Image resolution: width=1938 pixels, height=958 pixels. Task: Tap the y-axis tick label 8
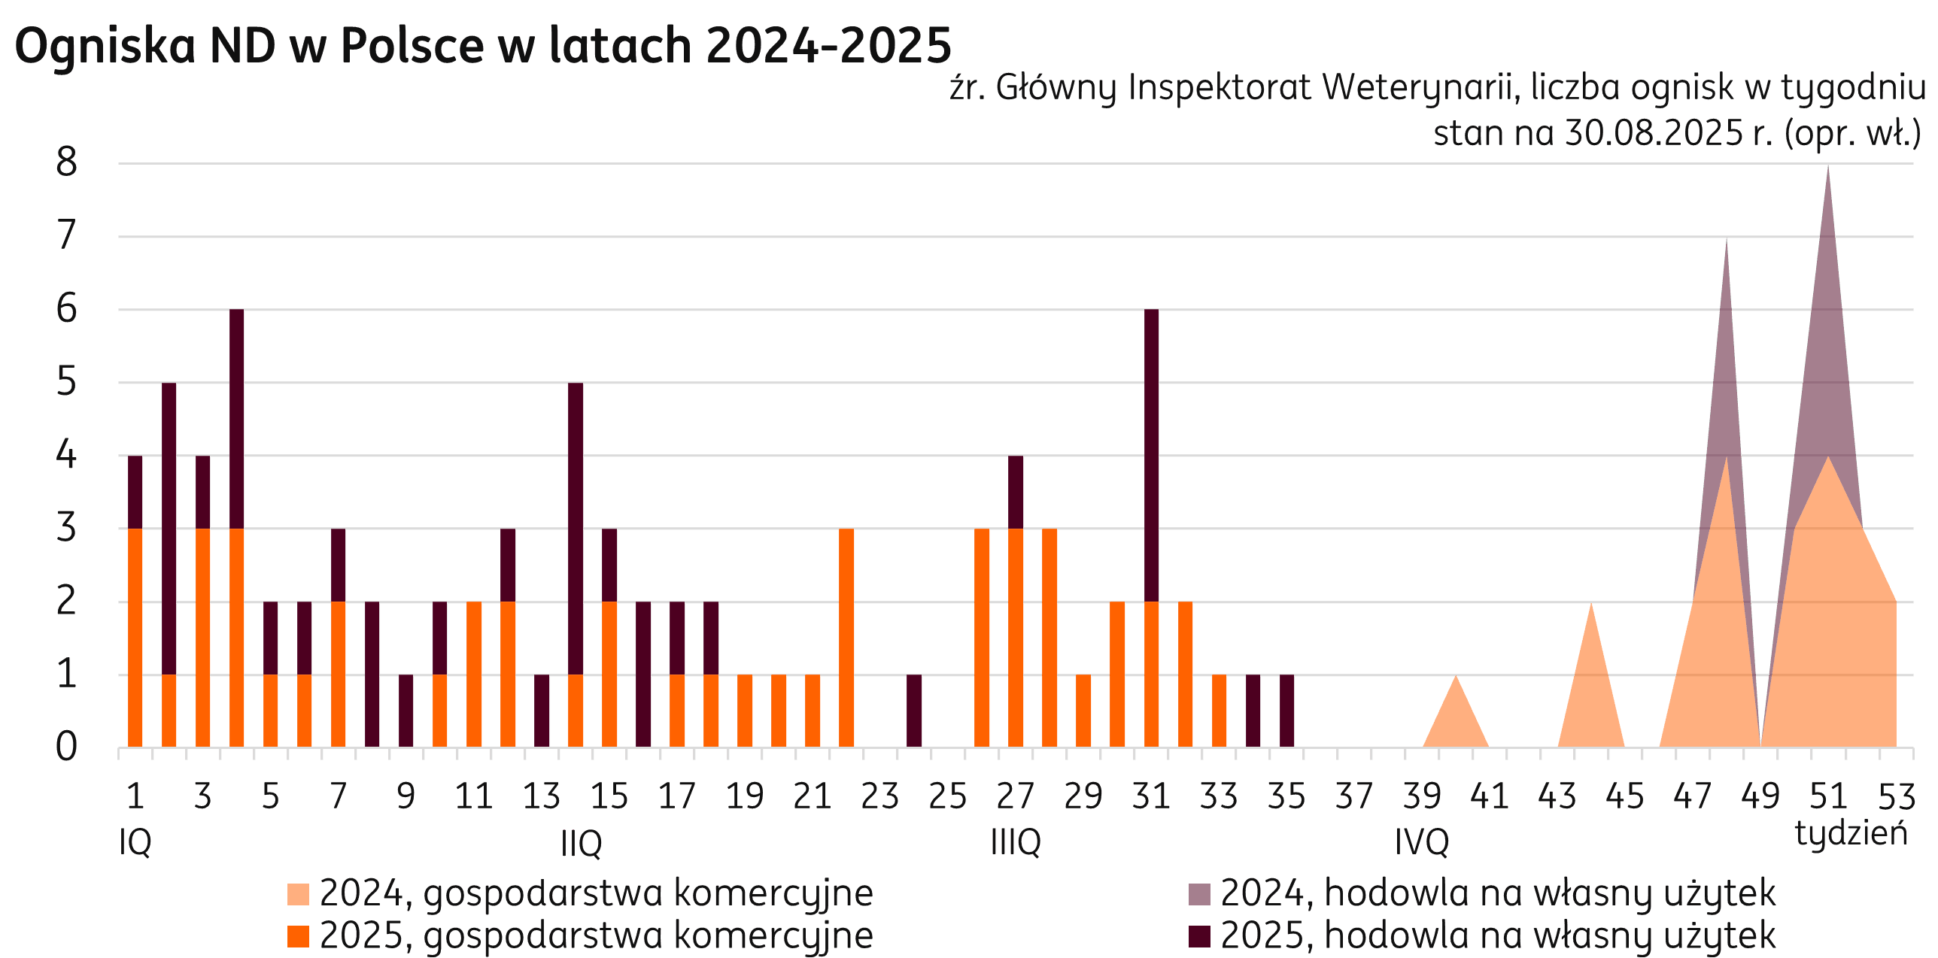point(66,162)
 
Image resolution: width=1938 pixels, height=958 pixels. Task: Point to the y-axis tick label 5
point(66,383)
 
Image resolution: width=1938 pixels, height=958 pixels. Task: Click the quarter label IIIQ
point(1016,842)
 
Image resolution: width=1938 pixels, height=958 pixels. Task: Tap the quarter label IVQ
point(1422,842)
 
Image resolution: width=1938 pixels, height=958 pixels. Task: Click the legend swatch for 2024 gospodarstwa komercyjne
point(299,894)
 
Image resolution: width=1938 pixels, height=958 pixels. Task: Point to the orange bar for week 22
point(846,639)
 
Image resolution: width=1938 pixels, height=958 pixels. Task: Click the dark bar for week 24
point(914,711)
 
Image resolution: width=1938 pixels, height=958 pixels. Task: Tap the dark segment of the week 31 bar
point(1151,455)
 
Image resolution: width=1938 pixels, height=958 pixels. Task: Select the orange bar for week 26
point(982,639)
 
